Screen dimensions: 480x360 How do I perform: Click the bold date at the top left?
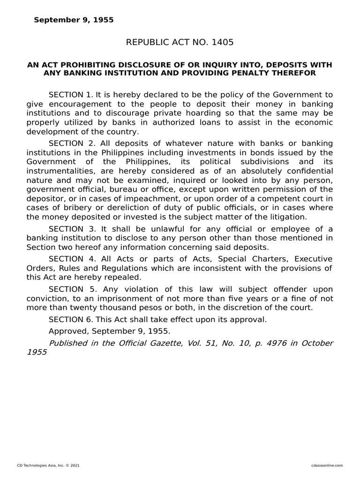pos(73,20)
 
